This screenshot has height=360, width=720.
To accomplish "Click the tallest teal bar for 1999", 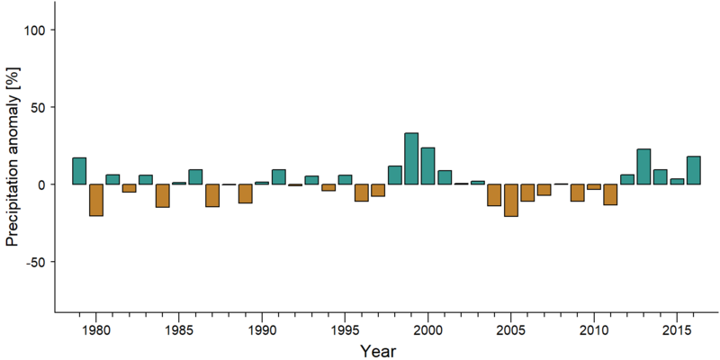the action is [411, 159].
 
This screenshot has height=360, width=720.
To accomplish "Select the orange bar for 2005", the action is [510, 200].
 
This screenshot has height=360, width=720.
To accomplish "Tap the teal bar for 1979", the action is [79, 171].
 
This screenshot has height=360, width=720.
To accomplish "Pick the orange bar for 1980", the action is [96, 200].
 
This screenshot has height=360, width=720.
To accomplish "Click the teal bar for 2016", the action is [693, 170].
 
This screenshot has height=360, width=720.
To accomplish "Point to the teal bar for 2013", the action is [643, 166].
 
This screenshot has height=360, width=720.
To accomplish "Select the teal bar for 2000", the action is [427, 166].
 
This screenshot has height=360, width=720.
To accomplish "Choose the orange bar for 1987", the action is [212, 195].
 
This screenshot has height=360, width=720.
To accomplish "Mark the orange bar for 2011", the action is [610, 194].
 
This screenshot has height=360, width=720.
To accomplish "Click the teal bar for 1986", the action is [195, 176].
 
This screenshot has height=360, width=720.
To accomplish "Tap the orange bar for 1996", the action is [362, 193].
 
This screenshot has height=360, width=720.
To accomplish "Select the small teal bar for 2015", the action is [677, 182].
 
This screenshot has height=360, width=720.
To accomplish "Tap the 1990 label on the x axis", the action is [262, 330].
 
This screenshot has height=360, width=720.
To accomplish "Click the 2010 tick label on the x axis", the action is [594, 330].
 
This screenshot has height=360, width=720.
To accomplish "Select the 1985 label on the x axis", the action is [178, 330].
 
